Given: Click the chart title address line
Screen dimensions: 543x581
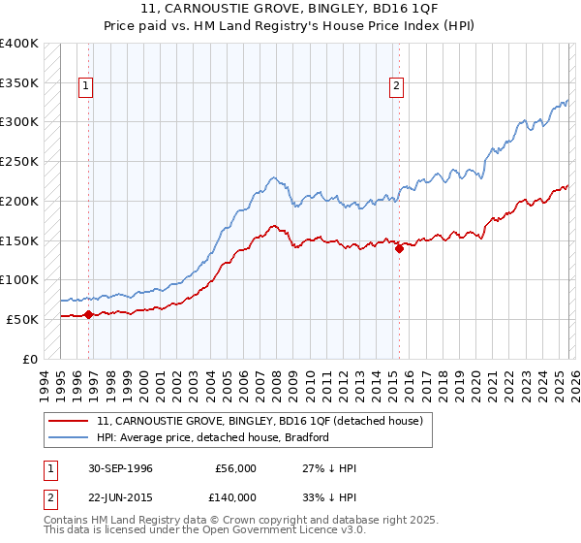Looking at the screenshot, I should point(290,9).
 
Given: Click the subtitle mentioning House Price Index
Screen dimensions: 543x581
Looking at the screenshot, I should point(290,24).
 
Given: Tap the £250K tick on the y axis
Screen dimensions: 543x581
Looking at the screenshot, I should point(18,162).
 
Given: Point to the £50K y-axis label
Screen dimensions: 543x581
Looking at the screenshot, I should point(21,319).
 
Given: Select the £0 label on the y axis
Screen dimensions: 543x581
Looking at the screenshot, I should point(30,359).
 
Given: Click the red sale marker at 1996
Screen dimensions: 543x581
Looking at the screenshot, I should point(88,314).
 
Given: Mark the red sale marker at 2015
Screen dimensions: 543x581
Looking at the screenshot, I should point(399,248).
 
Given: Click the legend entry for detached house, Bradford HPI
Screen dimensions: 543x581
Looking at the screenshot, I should point(213,437).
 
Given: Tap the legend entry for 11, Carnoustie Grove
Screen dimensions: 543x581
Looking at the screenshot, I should point(260,422).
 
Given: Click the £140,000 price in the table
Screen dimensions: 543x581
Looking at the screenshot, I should point(235,496).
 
